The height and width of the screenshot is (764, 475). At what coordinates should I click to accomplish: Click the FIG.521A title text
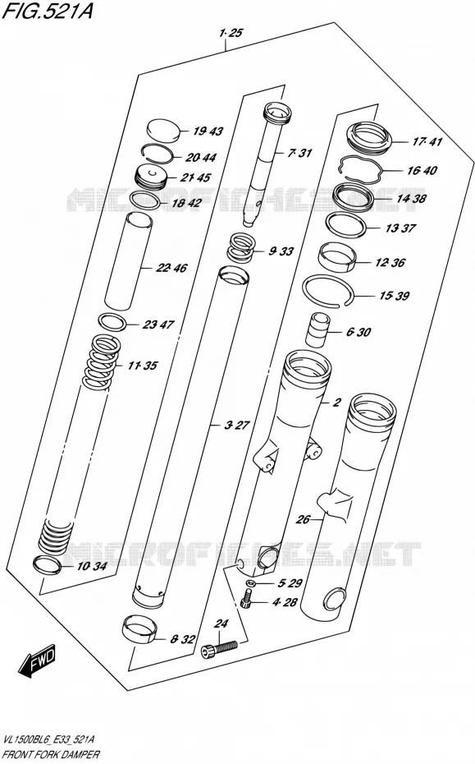tap(48, 10)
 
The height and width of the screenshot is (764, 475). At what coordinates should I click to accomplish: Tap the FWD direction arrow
tap(36, 662)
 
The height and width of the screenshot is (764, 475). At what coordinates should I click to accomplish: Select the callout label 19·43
tap(208, 131)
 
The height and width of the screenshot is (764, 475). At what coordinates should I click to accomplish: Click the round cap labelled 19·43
tap(163, 131)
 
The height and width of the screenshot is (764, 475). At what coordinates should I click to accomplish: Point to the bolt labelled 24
tap(219, 648)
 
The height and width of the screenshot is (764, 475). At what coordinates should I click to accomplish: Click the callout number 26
tap(303, 519)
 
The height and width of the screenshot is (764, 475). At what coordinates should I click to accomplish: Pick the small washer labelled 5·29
tap(251, 583)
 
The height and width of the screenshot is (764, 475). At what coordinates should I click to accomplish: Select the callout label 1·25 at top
tap(231, 33)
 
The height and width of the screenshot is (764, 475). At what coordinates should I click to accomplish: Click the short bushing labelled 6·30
tap(318, 329)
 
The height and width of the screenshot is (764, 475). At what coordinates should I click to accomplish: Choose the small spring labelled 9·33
tap(242, 247)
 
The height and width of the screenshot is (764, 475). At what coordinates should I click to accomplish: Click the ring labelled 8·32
tap(139, 628)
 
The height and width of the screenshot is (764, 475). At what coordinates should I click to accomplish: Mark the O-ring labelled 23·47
tap(112, 321)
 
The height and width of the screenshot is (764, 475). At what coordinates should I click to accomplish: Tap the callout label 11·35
tap(143, 366)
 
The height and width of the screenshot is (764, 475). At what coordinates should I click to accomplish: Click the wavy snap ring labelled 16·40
tap(359, 169)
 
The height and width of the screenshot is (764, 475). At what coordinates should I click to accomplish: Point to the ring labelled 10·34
tap(48, 564)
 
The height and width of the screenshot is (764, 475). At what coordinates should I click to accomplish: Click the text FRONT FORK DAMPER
tap(51, 755)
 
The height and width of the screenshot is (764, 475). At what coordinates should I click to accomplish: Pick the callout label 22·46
tap(171, 268)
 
